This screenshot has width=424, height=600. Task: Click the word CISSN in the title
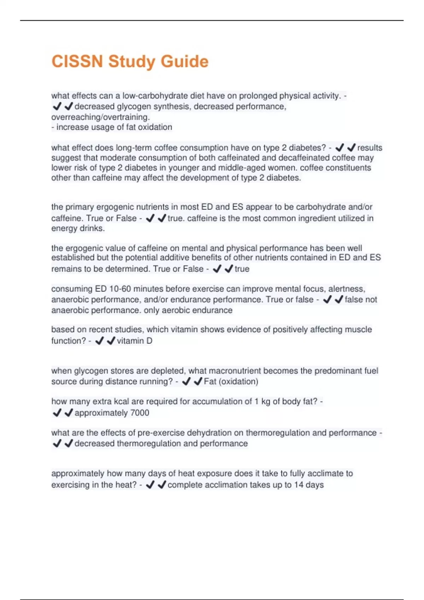point(77,61)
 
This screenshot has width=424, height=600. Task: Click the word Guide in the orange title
point(184,61)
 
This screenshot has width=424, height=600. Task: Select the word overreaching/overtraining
point(100,117)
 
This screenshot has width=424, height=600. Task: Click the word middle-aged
point(241,168)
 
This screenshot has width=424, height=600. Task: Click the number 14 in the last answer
point(299,485)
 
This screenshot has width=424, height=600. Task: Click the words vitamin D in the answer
point(135,341)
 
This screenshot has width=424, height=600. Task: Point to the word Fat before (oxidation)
point(210,381)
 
